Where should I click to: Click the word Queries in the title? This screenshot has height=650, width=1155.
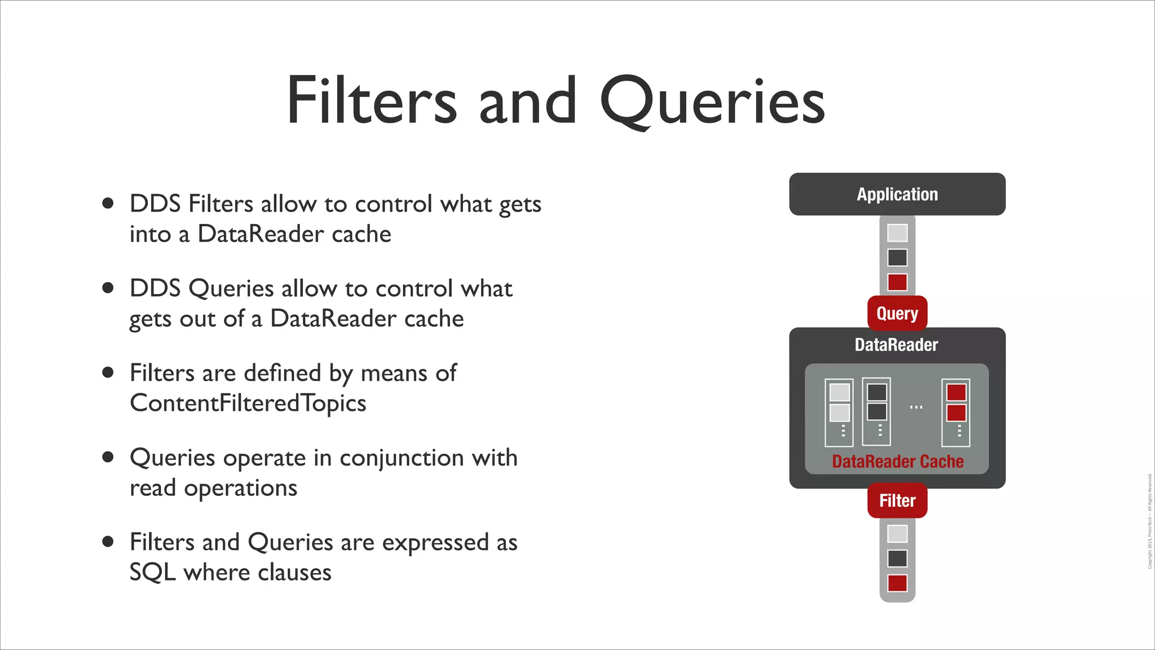tap(712, 102)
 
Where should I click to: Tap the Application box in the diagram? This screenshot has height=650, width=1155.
tap(897, 194)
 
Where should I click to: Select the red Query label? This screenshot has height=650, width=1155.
tap(897, 313)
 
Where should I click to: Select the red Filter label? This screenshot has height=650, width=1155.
tap(897, 500)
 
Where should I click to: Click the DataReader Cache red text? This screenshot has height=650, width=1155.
tap(897, 462)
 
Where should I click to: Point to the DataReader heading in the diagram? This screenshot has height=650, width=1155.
tap(896, 345)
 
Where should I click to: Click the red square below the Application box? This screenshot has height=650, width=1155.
tap(897, 282)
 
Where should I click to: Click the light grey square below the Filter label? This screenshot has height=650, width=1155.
tap(897, 534)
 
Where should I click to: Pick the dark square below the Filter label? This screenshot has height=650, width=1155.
tap(897, 559)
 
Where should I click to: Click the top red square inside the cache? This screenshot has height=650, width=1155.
tap(956, 392)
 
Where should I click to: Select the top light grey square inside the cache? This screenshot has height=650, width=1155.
tap(840, 392)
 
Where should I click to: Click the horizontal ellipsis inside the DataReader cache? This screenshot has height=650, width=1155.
tap(916, 407)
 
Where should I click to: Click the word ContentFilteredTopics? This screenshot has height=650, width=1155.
tap(248, 403)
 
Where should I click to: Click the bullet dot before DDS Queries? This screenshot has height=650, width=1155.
tap(108, 288)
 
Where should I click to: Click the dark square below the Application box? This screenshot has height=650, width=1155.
tap(897, 257)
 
